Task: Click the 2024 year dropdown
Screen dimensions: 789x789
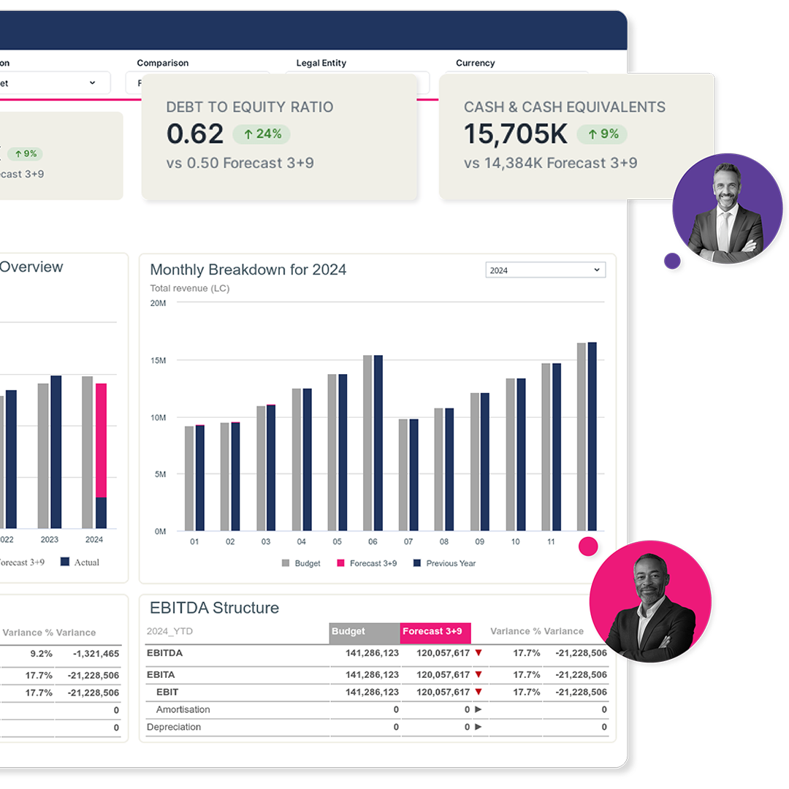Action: [x=545, y=270]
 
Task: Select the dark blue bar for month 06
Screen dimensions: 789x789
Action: [x=378, y=443]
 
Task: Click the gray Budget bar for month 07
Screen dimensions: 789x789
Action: [x=403, y=475]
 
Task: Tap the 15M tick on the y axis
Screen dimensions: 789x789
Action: [x=158, y=360]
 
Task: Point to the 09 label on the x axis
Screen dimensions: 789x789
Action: [x=479, y=542]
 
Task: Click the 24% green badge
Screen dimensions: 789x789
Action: [x=262, y=134]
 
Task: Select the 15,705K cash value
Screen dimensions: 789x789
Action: [x=516, y=134]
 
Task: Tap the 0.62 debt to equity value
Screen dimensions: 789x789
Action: [x=195, y=134]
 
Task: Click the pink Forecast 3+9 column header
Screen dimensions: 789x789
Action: [x=435, y=632]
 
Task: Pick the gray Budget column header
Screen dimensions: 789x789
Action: [x=365, y=632]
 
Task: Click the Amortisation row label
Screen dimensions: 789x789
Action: [x=183, y=709]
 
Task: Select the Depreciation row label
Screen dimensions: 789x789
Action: [x=174, y=727]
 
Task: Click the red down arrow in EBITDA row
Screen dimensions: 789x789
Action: [x=479, y=653]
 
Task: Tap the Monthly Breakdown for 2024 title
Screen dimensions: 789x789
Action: [x=248, y=270]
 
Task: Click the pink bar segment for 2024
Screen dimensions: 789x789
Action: [x=101, y=440]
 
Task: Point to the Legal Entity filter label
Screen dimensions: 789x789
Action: [x=321, y=63]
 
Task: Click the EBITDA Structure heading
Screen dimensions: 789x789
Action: [x=214, y=608]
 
